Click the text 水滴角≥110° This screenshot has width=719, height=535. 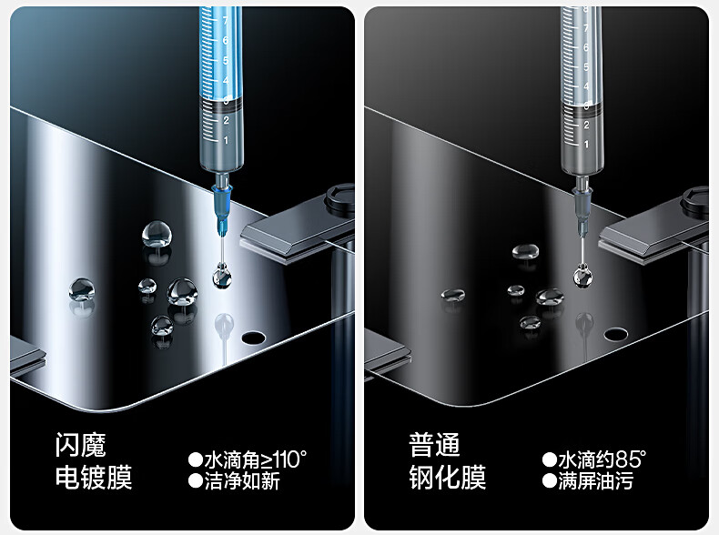click(x=256, y=459)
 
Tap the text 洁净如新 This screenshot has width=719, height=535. click(x=242, y=481)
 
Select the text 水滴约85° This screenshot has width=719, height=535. click(x=603, y=459)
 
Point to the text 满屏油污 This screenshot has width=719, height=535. click(x=595, y=481)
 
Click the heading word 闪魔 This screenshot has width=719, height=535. click(x=81, y=445)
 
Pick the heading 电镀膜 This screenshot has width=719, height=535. click(x=94, y=478)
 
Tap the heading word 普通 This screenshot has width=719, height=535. click(x=434, y=445)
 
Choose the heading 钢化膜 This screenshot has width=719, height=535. click(x=448, y=478)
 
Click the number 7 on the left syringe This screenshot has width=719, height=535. click(x=225, y=20)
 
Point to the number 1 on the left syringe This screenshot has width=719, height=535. click(x=226, y=140)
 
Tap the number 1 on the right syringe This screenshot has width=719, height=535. click(x=586, y=144)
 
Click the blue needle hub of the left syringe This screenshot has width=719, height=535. click(x=222, y=211)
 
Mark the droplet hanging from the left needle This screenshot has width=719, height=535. click(x=222, y=277)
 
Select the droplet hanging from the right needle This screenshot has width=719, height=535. click(x=582, y=277)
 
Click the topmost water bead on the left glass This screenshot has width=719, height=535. click(x=157, y=234)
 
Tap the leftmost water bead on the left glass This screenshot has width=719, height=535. click(x=82, y=289)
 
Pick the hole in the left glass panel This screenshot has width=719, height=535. click(x=254, y=338)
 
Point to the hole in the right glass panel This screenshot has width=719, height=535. click(x=616, y=334)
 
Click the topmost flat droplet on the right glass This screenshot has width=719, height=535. click(x=525, y=251)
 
